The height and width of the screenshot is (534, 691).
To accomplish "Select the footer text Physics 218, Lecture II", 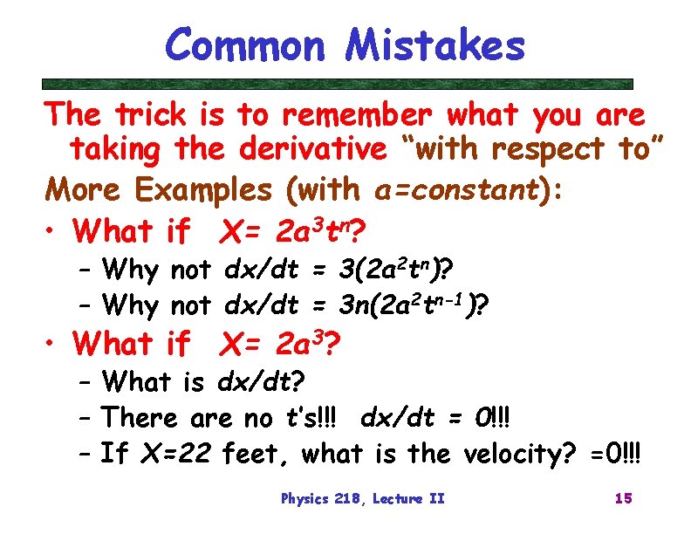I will (x=362, y=499).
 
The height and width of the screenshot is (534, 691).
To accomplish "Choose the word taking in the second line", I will (x=115, y=151).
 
